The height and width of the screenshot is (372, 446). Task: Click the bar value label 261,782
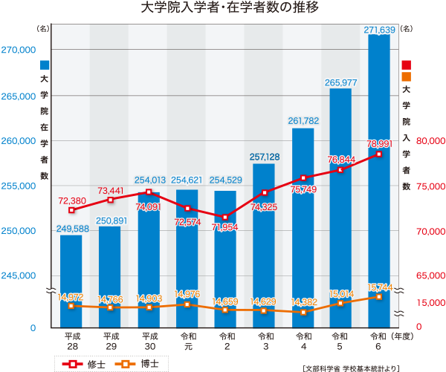pos(303,121)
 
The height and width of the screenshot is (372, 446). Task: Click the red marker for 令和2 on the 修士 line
pos(226,218)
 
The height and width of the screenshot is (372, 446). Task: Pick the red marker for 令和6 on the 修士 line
pos(379,154)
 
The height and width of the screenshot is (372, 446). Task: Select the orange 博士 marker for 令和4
pos(303,313)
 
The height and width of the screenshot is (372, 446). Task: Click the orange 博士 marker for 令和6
pos(379,296)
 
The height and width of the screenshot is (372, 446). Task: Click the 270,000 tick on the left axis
pos(19,50)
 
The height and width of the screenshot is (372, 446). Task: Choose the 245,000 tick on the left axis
pos(19,275)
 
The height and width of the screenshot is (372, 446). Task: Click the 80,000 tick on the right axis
pos(430,140)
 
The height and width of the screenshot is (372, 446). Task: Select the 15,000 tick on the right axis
pos(430,303)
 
